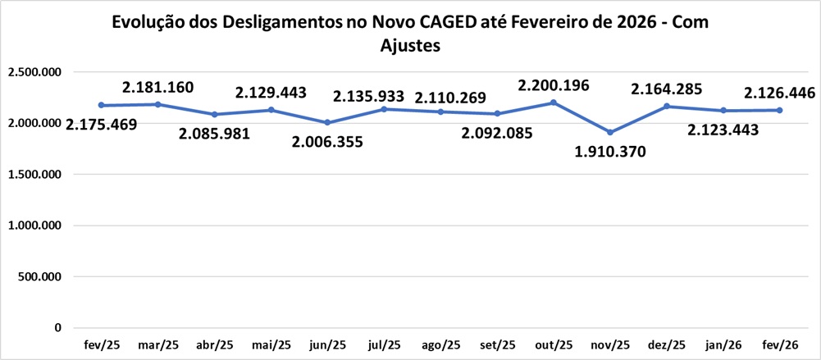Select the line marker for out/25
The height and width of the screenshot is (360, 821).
coord(554,103)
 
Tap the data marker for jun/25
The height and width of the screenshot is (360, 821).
coord(328,122)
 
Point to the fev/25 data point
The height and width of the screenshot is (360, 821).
coord(101,105)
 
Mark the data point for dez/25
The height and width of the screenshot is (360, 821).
coord(667,106)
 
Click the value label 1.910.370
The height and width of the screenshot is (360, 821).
coord(610,152)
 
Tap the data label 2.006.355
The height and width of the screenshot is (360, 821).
coord(327,142)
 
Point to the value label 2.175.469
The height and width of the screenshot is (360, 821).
coord(102,125)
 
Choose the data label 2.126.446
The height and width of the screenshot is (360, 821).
coord(778,93)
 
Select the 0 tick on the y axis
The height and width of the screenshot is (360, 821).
coord(57,328)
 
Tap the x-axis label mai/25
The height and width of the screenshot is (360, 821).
coord(271,344)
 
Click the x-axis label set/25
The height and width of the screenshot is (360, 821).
coord(497,344)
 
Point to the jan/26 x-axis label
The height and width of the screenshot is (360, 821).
coord(723,344)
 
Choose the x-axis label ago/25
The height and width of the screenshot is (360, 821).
coord(440,344)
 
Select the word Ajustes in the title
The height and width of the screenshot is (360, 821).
coord(411,46)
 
